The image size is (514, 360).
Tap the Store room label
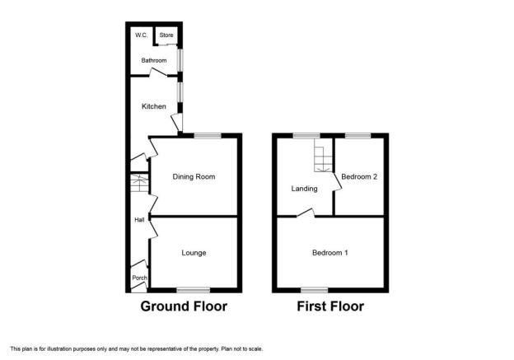pyautogui.click(x=166, y=35)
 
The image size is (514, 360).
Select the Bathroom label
pyautogui.click(x=153, y=60)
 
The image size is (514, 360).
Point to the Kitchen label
pyautogui.click(x=154, y=106)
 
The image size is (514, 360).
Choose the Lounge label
pyautogui.click(x=194, y=253)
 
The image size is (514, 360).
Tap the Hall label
pyautogui.click(x=139, y=220)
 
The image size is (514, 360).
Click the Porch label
pyautogui.click(x=139, y=278)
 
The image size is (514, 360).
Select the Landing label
pyautogui.click(x=304, y=189)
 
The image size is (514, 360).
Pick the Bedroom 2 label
pyautogui.click(x=359, y=176)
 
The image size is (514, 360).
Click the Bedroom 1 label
pyautogui.click(x=329, y=253)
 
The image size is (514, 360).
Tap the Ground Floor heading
pyautogui.click(x=183, y=306)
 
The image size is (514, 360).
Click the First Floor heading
pyautogui.click(x=329, y=306)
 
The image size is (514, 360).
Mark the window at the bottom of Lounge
pyautogui.click(x=193, y=289)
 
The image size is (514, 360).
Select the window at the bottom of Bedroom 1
pyautogui.click(x=313, y=289)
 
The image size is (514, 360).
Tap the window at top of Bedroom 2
pyautogui.click(x=357, y=134)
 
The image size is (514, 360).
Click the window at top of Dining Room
pyautogui.click(x=207, y=134)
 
